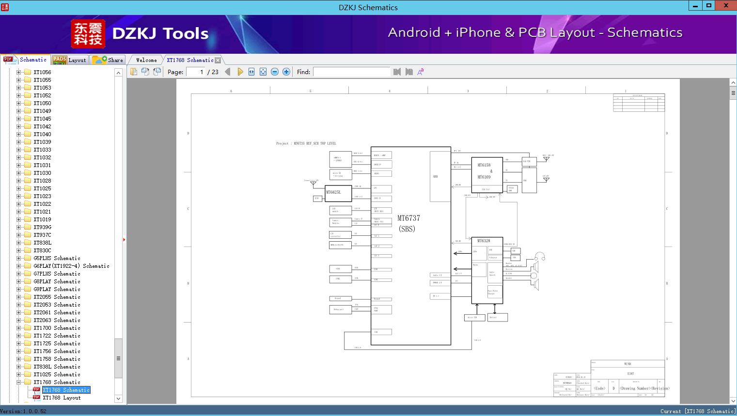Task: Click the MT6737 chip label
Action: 408,218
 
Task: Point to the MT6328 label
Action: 484,241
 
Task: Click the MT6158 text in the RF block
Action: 484,165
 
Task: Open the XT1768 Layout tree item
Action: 62,398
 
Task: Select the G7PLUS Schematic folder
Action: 57,274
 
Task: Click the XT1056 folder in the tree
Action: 42,72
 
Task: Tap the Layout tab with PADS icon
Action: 69,60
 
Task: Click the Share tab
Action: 109,60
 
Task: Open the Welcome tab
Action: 146,60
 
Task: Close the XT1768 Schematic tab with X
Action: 218,60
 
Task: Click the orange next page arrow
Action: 240,72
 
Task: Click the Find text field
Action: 351,72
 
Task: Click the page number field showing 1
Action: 196,72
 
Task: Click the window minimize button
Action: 695,6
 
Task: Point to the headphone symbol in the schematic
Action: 540,257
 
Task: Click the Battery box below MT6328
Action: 497,318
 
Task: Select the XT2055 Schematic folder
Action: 57,297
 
